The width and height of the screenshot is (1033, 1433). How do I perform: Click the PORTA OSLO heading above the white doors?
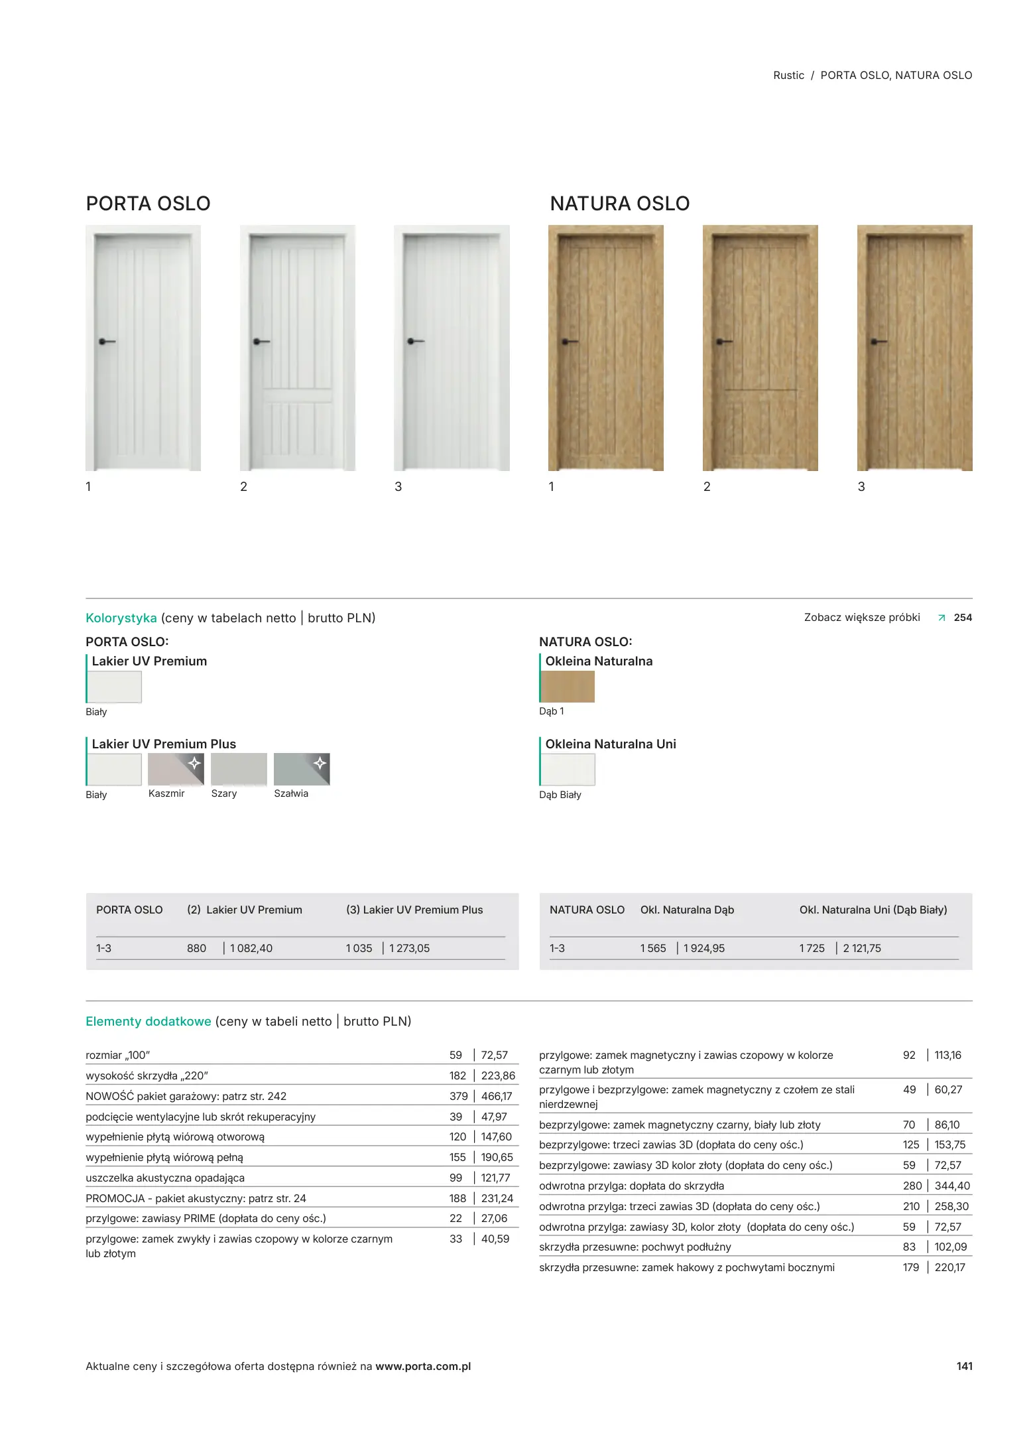148,204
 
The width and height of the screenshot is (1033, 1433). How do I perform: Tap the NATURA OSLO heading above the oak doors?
619,204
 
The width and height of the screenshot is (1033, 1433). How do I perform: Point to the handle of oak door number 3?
878,342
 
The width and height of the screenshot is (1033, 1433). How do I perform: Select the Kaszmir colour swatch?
176,769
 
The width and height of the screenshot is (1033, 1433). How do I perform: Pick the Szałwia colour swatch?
302,769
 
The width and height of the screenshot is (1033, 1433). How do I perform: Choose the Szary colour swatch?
239,769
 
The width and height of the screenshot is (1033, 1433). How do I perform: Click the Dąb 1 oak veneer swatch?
568,687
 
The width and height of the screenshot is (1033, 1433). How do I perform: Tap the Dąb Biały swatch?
568,770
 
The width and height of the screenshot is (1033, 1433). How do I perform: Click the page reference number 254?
963,618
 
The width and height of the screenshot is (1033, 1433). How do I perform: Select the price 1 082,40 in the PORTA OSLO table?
251,948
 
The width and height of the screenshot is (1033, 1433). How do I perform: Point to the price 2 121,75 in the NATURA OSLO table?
862,948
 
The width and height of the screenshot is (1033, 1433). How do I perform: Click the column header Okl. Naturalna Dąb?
687,910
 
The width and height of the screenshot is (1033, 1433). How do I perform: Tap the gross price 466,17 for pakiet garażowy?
497,1096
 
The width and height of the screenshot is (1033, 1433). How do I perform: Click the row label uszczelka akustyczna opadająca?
165,1178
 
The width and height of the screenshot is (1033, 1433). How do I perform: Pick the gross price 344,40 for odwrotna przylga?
952,1186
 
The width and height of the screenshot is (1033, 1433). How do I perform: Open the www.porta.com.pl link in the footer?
423,1366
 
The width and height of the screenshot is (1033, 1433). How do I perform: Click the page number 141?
964,1366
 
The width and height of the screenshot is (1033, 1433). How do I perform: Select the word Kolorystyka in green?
121,618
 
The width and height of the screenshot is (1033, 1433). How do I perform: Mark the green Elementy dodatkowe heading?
149,1021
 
